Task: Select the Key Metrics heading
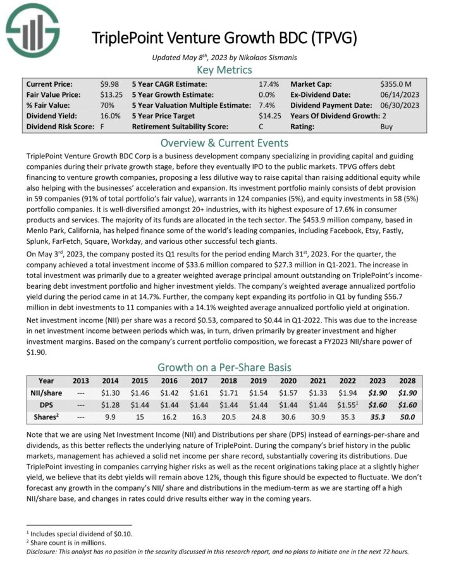(x=225, y=69)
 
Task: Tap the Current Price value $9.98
(x=109, y=84)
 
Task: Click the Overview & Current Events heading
(x=225, y=142)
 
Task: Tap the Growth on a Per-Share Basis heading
(x=225, y=367)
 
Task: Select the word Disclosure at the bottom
(x=44, y=551)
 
